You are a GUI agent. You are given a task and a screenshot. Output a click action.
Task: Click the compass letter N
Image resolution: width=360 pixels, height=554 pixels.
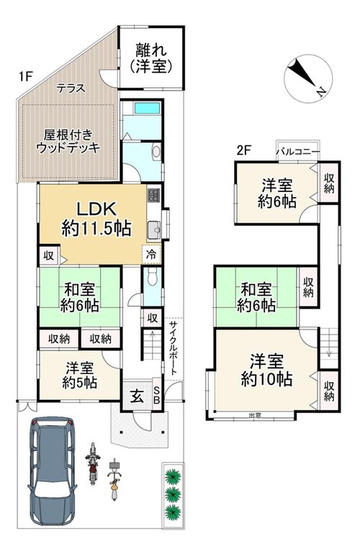pos(320,92)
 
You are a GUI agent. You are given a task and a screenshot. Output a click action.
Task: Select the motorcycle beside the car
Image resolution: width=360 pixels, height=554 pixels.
pos(92,463)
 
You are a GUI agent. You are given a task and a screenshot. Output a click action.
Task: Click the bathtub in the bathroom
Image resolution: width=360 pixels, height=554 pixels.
pos(147,108)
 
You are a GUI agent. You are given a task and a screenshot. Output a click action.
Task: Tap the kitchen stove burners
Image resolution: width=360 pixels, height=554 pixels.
pos(153,194)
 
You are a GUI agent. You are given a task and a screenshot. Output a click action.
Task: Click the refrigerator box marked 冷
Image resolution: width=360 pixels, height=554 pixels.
pos(151,255)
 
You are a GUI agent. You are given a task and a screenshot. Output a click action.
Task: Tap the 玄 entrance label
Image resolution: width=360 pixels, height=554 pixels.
pos(138,396)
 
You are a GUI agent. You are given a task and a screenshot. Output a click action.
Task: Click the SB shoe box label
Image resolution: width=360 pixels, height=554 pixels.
pos(158,396)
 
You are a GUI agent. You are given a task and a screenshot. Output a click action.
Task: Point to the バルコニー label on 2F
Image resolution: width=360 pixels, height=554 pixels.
pos(298,152)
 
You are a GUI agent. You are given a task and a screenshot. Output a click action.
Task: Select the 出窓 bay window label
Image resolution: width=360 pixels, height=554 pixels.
pos(255,416)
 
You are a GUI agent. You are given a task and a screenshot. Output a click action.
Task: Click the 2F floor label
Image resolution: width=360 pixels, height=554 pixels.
pos(243,151)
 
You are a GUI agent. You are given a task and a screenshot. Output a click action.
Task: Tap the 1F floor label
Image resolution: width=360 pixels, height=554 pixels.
pos(26,76)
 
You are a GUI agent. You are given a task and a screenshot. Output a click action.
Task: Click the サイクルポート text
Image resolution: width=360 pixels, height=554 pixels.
pos(173,348)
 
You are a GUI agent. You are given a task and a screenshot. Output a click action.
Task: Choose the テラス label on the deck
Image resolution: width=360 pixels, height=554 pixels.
pos(71,88)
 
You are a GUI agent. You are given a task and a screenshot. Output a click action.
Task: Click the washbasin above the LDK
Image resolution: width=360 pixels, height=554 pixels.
pos(156,152)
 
